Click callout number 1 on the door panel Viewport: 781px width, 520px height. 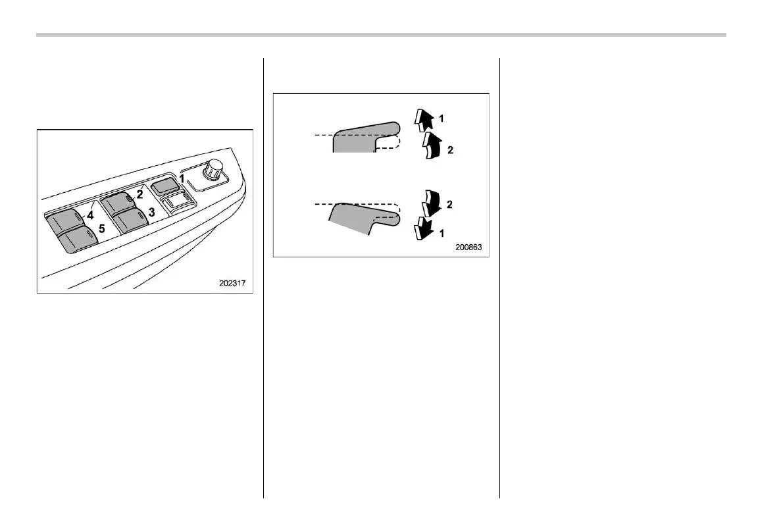[182, 178]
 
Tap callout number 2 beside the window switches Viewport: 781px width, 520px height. [139, 194]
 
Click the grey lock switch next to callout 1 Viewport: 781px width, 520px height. [164, 186]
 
